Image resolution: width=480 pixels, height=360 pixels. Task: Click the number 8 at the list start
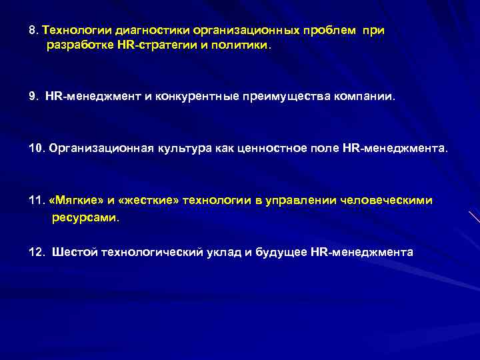(x=33, y=31)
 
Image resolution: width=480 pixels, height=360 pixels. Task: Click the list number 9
(x=33, y=97)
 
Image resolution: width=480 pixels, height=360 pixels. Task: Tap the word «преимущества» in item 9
(x=286, y=97)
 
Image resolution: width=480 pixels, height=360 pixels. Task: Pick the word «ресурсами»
(x=85, y=217)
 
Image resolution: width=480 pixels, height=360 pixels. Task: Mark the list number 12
(x=37, y=252)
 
